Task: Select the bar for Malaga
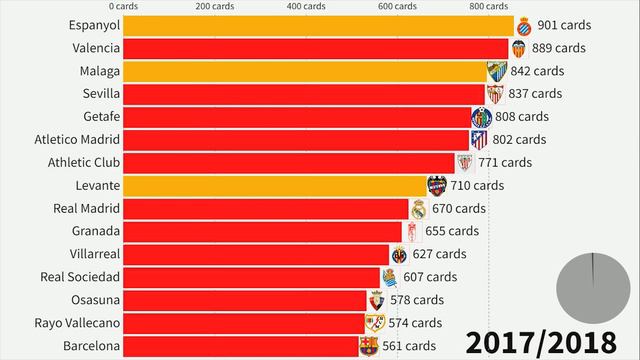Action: pyautogui.click(x=305, y=71)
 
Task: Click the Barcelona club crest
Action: pyautogui.click(x=370, y=347)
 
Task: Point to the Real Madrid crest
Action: pyautogui.click(x=419, y=209)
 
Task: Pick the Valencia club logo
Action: pyautogui.click(x=520, y=48)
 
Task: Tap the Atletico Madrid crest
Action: pyautogui.click(x=479, y=140)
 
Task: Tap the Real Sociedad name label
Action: pyautogui.click(x=81, y=277)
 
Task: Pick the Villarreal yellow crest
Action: pyautogui.click(x=400, y=255)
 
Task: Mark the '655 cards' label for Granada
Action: pyautogui.click(x=448, y=231)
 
